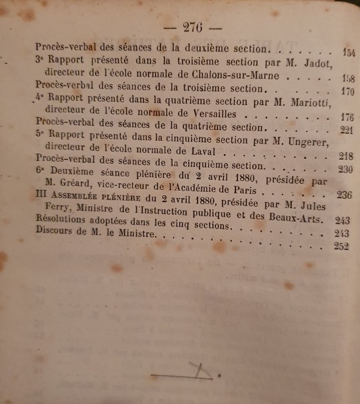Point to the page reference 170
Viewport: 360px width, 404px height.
click(x=347, y=92)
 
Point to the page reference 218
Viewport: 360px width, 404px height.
click(x=347, y=156)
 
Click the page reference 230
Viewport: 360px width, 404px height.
click(x=346, y=169)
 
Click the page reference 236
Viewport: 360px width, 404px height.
click(x=345, y=196)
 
